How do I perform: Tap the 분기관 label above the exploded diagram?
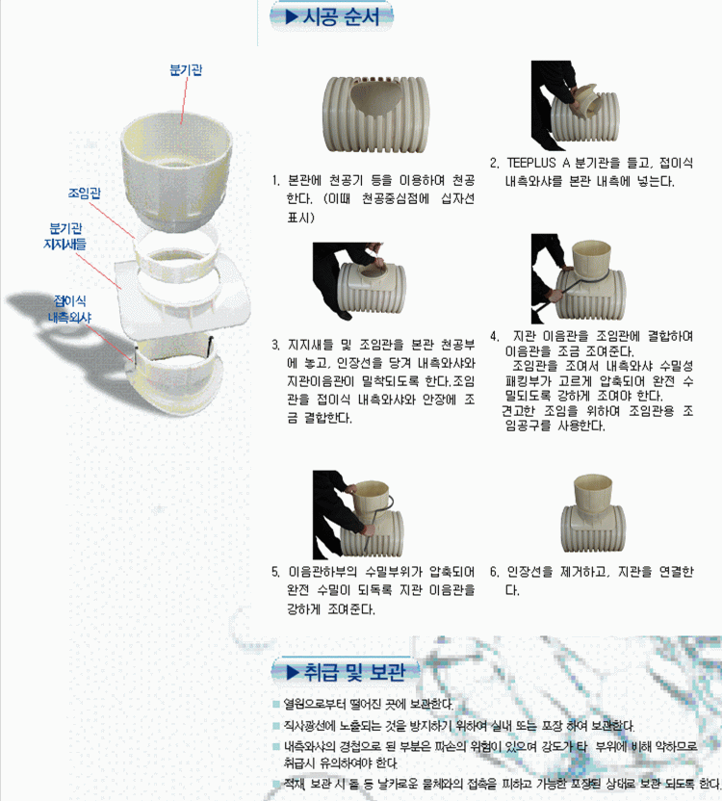click(x=186, y=70)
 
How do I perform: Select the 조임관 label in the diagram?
click(x=85, y=193)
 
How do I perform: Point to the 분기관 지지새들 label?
click(x=67, y=237)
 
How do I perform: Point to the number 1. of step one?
click(x=277, y=181)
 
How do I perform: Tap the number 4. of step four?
click(x=494, y=336)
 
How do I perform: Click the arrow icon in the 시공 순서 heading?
click(x=287, y=16)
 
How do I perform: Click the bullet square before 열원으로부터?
click(x=276, y=704)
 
